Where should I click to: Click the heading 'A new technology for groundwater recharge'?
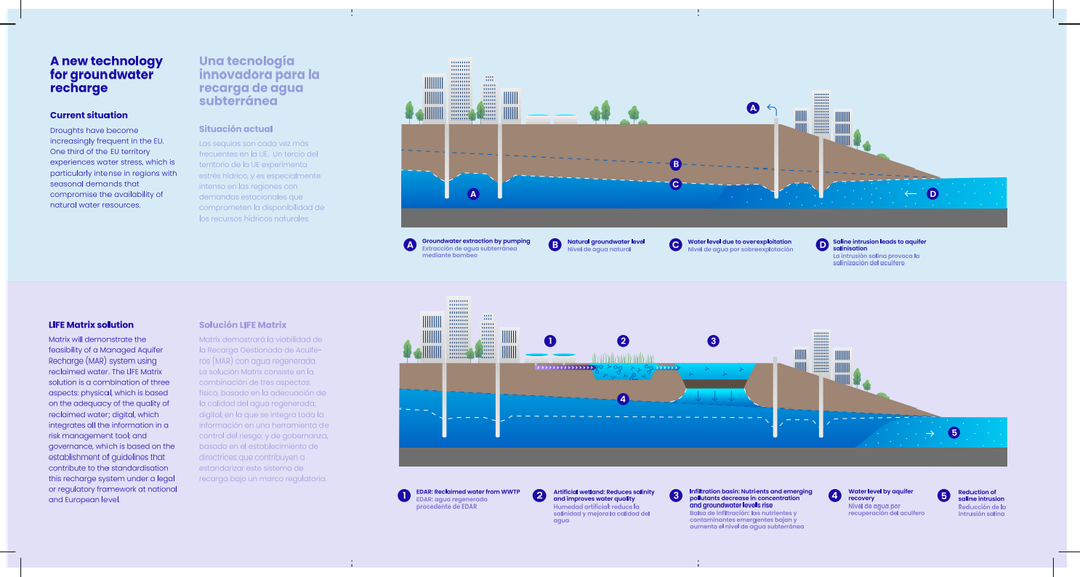[x=106, y=74]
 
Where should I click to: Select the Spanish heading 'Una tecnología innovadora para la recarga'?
[x=259, y=81]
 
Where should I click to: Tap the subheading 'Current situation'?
[x=89, y=115]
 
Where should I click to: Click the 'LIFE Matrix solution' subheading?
[x=91, y=325]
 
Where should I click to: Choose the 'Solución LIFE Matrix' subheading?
[x=243, y=325]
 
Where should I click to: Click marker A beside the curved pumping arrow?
[x=753, y=108]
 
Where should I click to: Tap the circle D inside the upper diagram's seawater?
[x=933, y=194]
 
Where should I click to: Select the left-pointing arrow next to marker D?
[x=910, y=194]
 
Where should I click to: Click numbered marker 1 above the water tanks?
[x=550, y=340]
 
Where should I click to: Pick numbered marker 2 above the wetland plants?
[x=623, y=340]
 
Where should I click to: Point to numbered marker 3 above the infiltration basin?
[x=713, y=340]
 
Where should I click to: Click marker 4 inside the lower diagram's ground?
[x=622, y=398]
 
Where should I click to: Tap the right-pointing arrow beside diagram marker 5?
[x=931, y=433]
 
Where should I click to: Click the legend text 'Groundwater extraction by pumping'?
[x=476, y=241]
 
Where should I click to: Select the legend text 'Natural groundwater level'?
[x=606, y=241]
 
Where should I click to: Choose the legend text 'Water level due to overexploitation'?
[x=739, y=241]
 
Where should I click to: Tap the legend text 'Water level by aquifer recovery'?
[x=880, y=495]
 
